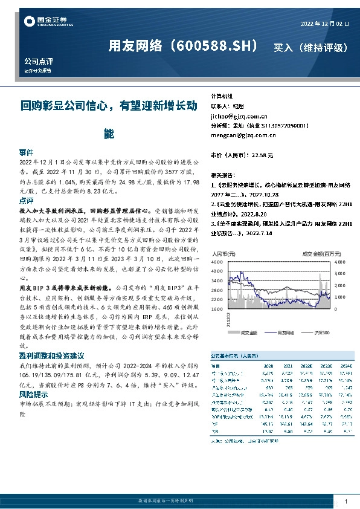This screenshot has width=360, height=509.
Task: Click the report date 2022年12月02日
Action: click(x=324, y=24)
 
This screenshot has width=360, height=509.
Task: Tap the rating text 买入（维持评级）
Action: click(x=310, y=47)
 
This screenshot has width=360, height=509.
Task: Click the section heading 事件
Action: click(x=27, y=152)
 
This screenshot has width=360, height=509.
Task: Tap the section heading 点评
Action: click(x=27, y=200)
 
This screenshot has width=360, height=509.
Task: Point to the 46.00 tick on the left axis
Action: click(x=217, y=263)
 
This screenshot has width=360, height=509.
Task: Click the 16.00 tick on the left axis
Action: click(x=217, y=309)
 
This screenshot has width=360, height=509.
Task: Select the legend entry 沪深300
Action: click(x=323, y=332)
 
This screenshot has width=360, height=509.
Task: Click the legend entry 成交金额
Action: click(x=249, y=332)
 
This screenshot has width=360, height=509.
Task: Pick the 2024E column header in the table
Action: click(x=345, y=366)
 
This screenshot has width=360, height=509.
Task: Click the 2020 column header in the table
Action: click(x=268, y=366)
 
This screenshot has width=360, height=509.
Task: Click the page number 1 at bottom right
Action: click(x=345, y=502)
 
